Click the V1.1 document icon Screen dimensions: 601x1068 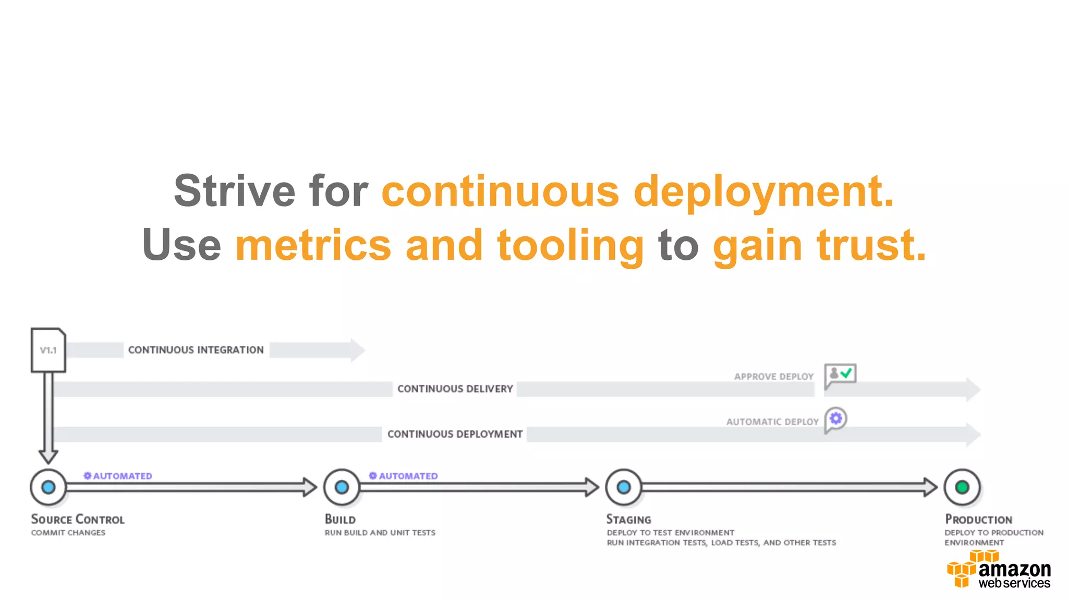click(48, 350)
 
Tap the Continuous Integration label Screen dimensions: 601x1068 click(196, 350)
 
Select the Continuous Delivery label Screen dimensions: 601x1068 click(455, 389)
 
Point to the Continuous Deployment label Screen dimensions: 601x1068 click(455, 434)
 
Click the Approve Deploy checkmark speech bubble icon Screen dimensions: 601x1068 click(840, 375)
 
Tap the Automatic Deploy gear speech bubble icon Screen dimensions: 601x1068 click(835, 419)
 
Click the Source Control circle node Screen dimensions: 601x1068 click(48, 487)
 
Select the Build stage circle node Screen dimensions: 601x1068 click(342, 487)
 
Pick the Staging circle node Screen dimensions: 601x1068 click(624, 487)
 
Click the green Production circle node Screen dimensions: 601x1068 click(962, 487)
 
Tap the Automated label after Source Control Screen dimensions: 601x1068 click(118, 476)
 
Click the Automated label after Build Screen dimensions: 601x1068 click(404, 476)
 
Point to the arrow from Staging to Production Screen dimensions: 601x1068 click(787, 487)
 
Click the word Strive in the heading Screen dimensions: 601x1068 click(234, 191)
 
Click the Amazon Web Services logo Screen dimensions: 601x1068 click(999, 572)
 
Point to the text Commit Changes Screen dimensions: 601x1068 click(68, 533)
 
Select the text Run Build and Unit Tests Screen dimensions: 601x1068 click(380, 533)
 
